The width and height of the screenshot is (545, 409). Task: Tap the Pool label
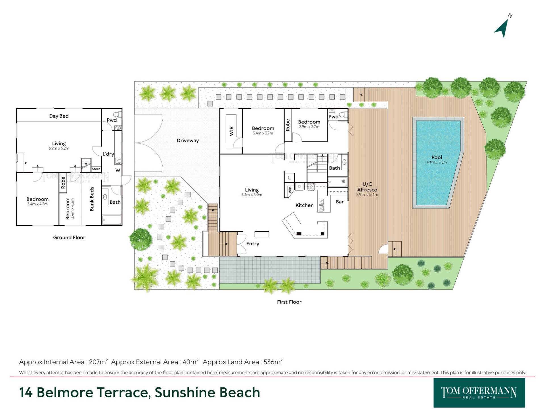point(437,157)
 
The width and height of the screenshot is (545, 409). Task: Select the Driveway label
point(188,141)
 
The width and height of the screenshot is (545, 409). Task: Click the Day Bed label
point(59,116)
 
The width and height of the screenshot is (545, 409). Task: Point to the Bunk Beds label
point(92,199)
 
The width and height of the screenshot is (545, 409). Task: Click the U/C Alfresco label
point(367,187)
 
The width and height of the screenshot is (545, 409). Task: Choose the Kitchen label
point(305,205)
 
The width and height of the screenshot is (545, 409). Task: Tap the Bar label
point(340,202)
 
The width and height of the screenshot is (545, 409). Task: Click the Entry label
point(253,244)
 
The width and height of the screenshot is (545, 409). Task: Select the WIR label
point(231,131)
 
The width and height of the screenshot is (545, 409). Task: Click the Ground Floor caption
point(69,237)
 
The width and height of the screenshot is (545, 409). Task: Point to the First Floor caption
point(289,302)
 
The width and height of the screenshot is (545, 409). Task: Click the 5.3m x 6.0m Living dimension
point(252,195)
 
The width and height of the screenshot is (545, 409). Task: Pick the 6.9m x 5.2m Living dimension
point(59,148)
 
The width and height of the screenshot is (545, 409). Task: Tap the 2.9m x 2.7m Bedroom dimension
point(309,127)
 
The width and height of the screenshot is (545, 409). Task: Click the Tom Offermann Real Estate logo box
point(479,393)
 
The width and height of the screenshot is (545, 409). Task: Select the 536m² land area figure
point(273,362)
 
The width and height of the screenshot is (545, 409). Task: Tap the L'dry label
point(108,154)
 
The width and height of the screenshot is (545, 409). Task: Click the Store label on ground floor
point(96,169)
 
